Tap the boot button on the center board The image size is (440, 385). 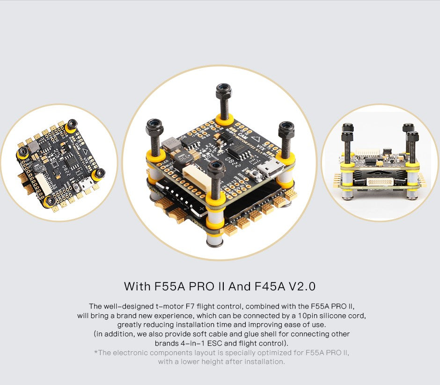256,176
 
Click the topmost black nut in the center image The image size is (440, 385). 223,89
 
